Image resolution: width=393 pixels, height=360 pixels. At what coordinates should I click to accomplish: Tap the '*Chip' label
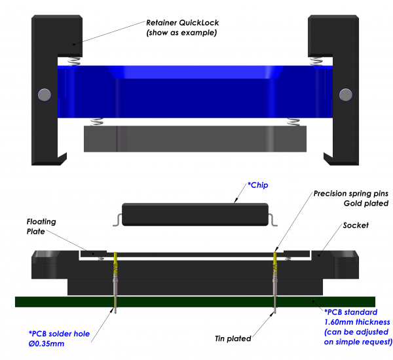point(258,186)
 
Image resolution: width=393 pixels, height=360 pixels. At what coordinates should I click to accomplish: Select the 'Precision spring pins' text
point(351,194)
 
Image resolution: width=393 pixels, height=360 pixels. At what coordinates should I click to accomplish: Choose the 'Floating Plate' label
point(41,226)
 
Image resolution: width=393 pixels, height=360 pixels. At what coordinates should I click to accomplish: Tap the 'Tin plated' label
point(233,338)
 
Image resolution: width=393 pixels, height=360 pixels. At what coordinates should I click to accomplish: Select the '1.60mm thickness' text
point(357,321)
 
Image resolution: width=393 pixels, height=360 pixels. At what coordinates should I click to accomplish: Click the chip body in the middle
point(195,213)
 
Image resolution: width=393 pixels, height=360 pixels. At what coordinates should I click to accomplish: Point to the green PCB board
point(196,302)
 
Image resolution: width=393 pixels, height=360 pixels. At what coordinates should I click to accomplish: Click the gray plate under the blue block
point(195,139)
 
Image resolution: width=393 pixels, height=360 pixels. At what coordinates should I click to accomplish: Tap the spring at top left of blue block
point(73,61)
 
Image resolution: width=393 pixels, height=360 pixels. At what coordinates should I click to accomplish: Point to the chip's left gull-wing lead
point(117,219)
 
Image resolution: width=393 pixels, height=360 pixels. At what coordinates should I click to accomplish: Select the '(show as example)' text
point(181,33)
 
